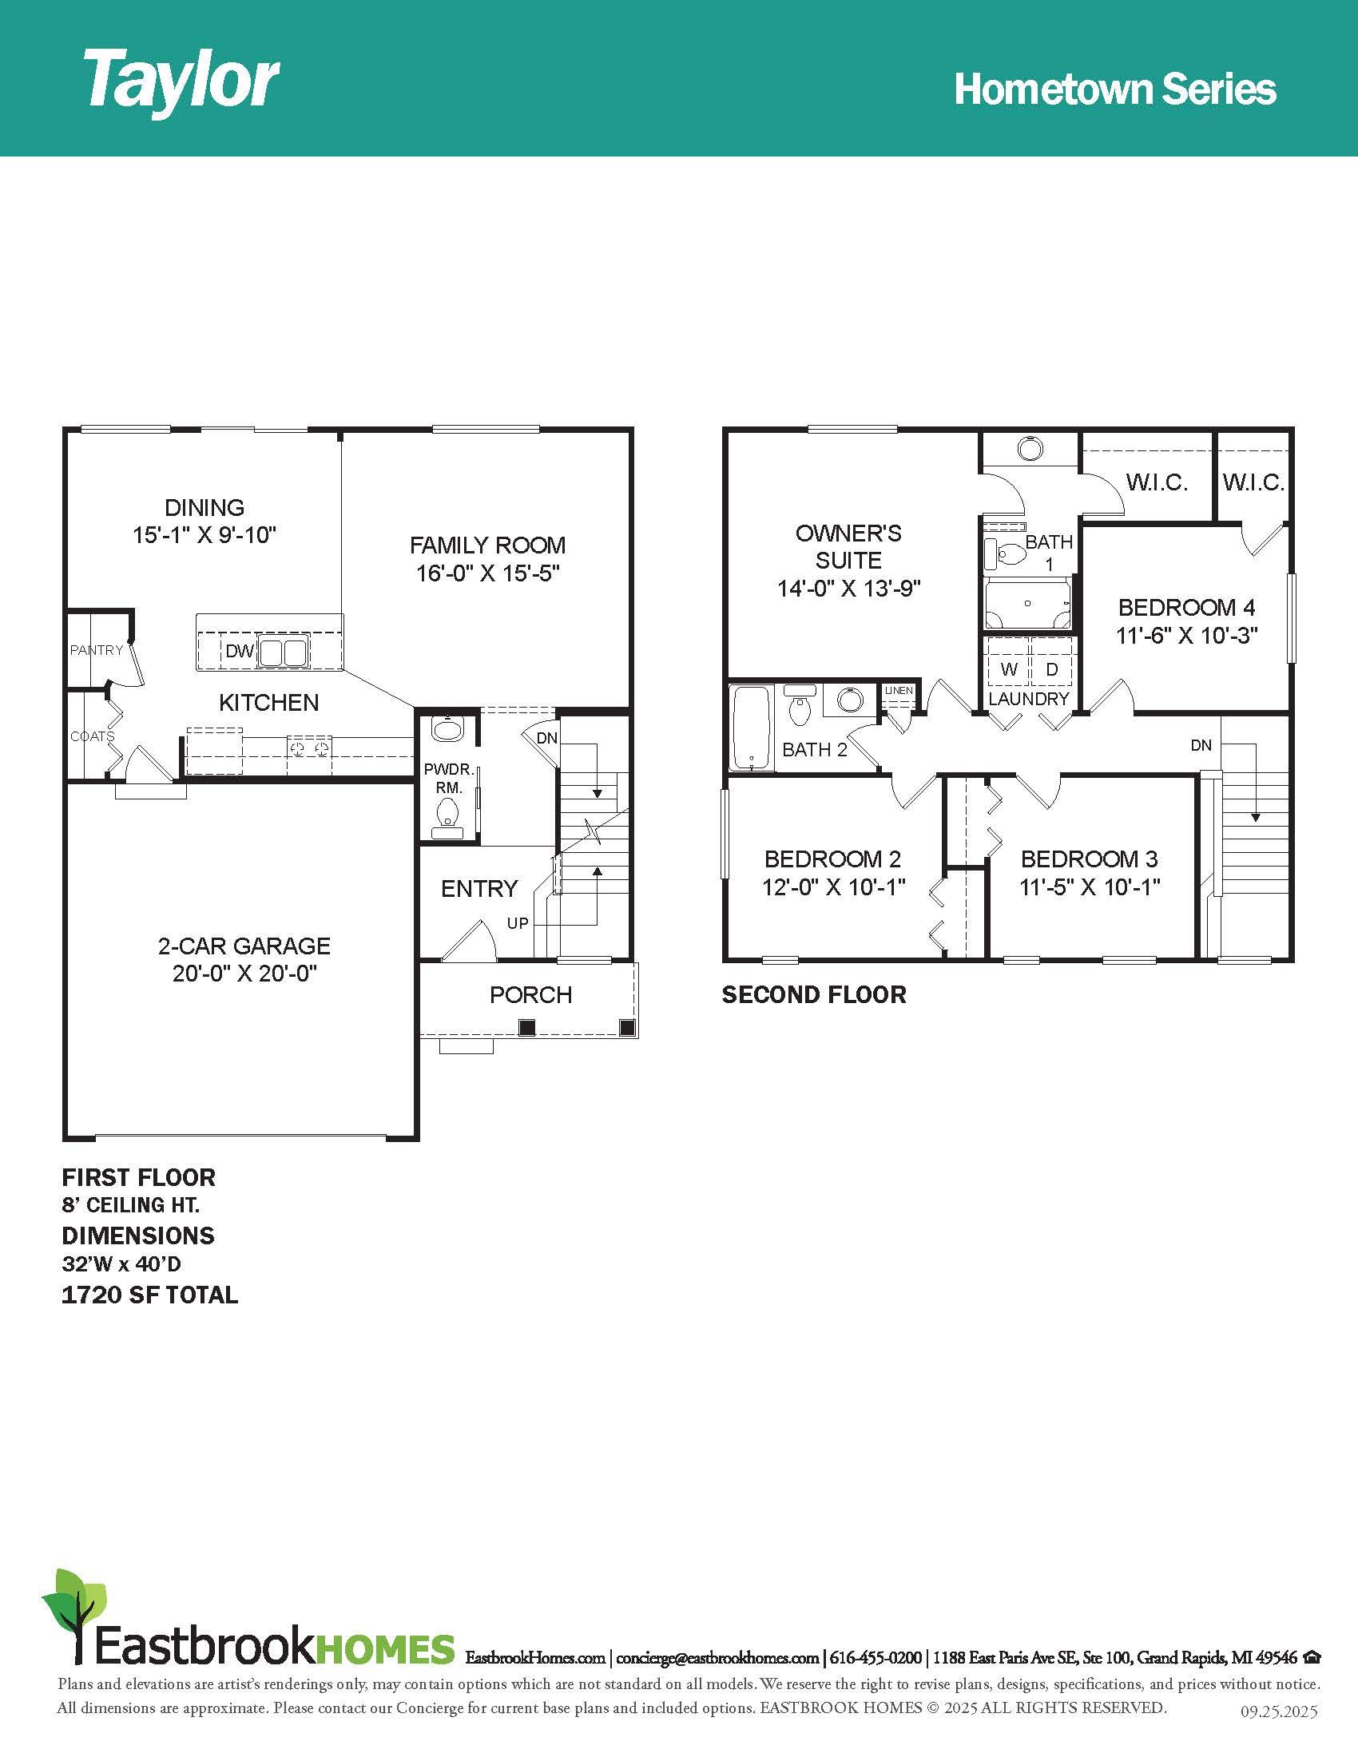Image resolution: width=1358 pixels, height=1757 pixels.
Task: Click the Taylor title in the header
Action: click(181, 81)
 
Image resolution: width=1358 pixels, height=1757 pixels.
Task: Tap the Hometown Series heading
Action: click(1115, 89)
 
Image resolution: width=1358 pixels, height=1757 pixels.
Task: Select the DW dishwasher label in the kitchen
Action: click(239, 651)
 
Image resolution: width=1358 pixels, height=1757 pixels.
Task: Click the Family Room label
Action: click(487, 545)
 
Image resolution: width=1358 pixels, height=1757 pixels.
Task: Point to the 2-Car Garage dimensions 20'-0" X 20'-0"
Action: click(244, 974)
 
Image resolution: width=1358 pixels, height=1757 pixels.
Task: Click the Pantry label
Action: click(97, 650)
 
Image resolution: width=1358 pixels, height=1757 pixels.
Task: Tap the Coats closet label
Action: click(92, 736)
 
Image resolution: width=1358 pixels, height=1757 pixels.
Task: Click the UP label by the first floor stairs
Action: click(518, 922)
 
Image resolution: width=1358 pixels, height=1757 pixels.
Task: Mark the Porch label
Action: click(531, 995)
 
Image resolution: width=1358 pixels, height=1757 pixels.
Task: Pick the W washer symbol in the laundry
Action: click(1009, 669)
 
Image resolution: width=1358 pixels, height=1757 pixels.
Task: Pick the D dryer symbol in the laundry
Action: click(1051, 669)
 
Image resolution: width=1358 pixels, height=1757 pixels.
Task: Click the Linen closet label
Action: click(899, 691)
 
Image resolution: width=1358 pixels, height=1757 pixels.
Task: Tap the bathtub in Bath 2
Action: click(751, 728)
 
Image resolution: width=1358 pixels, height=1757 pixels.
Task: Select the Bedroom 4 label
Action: click(1186, 608)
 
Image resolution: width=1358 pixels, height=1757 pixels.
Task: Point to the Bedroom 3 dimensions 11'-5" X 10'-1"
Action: click(1090, 887)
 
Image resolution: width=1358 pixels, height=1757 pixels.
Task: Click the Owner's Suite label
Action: click(848, 546)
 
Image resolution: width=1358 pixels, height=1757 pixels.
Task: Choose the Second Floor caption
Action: click(814, 995)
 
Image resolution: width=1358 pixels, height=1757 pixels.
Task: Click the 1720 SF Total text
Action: click(149, 1295)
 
